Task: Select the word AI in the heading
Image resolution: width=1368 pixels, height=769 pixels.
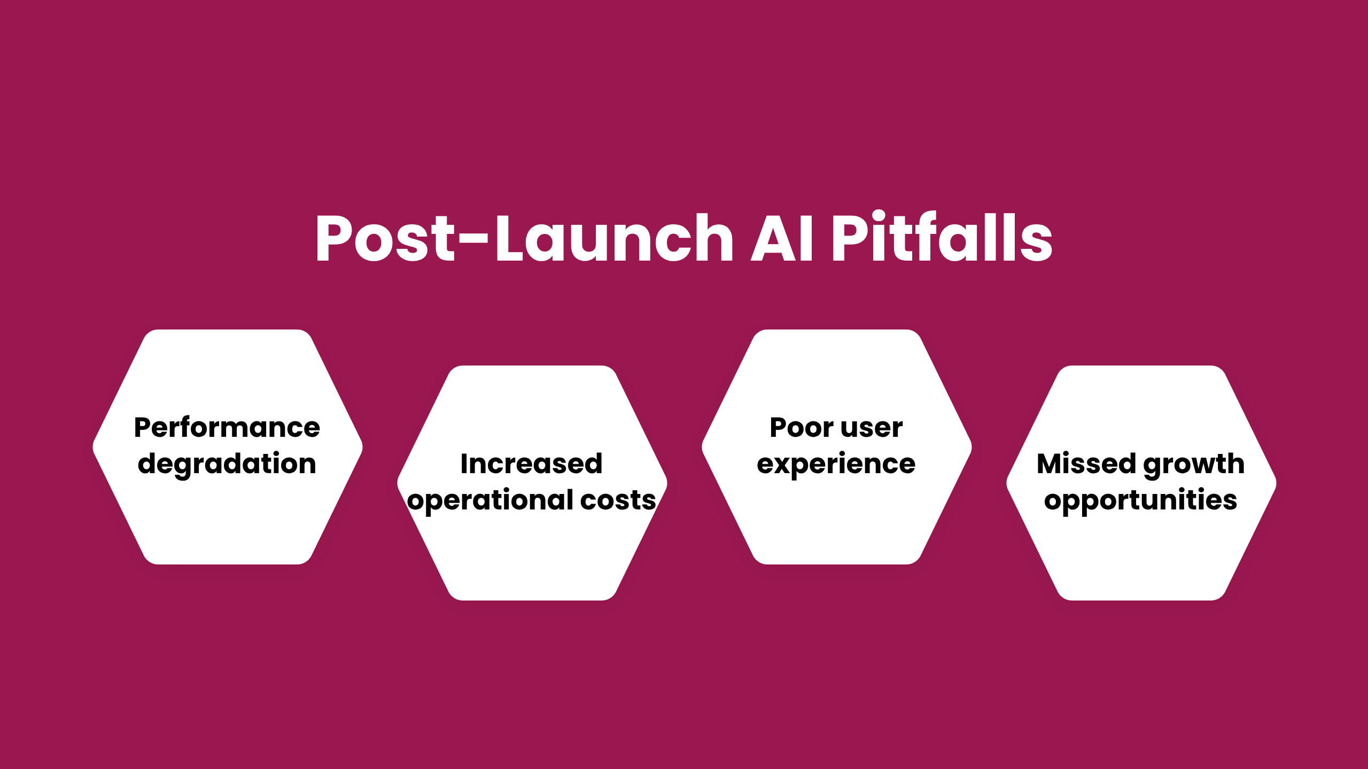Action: click(x=781, y=238)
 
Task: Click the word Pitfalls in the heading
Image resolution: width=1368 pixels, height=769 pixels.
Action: click(x=942, y=238)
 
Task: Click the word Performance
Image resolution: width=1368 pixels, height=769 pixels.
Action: click(x=227, y=427)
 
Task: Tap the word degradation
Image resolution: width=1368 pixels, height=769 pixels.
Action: click(x=227, y=464)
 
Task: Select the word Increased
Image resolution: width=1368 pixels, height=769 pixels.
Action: click(x=532, y=464)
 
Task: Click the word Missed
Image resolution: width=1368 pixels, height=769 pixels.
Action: click(x=1086, y=464)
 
